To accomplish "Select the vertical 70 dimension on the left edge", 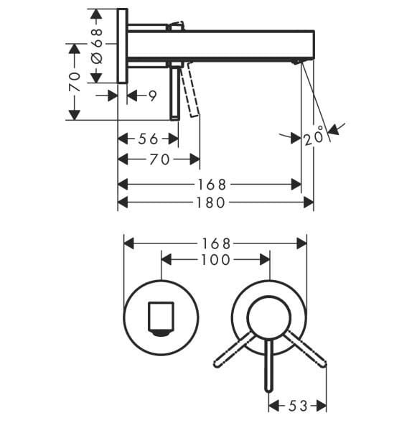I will [74, 81].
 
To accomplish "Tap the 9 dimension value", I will [152, 95].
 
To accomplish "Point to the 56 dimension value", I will [149, 139].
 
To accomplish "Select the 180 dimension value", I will [210, 203].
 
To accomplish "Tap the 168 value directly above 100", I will [215, 243].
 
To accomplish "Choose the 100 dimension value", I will [215, 260].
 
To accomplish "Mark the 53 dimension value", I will [297, 406].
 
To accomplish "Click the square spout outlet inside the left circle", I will [161, 318].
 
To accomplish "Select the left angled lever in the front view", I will [234, 352].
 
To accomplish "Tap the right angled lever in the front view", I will [305, 351].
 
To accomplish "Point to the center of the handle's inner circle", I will [268, 317].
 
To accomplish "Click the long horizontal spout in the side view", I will [237, 45].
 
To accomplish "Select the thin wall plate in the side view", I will [123, 46].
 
